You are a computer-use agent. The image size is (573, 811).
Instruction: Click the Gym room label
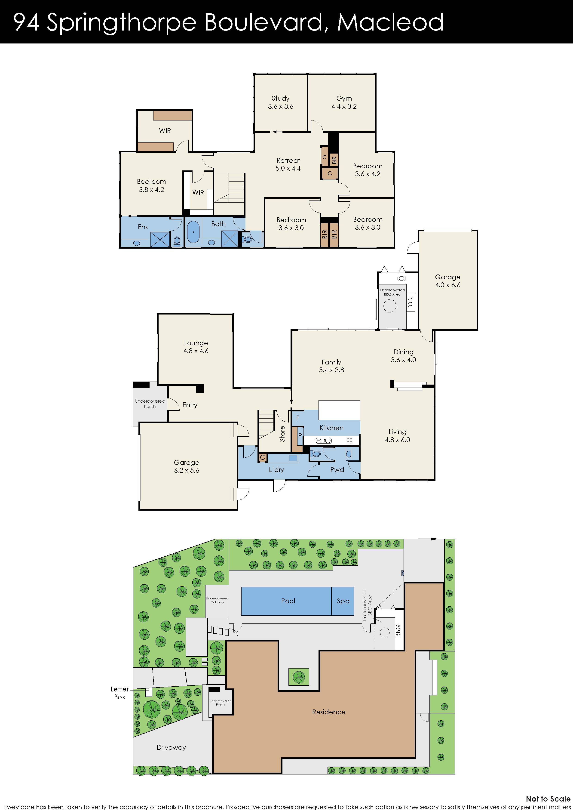click(344, 99)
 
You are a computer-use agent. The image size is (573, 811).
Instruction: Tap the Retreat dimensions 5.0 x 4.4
click(288, 169)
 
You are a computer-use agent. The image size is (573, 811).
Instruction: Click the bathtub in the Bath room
click(193, 232)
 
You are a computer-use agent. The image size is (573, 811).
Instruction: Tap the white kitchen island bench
click(339, 410)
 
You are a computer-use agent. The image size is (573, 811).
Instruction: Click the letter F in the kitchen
click(298, 418)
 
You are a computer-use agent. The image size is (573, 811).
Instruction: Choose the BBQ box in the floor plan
click(410, 302)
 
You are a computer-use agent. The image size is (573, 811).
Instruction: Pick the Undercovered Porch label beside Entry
click(150, 404)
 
